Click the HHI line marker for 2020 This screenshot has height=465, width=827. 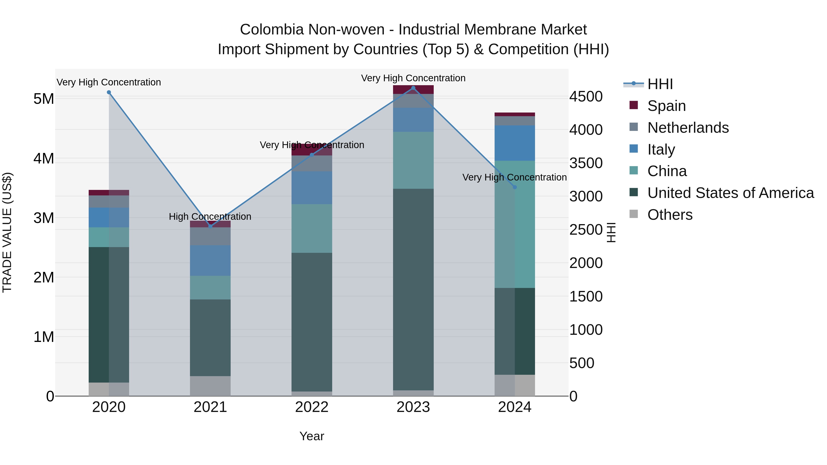point(109,92)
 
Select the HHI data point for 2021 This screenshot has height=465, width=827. point(210,226)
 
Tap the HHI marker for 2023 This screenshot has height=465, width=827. point(413,88)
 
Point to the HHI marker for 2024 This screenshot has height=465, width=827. point(515,187)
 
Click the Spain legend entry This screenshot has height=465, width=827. point(666,106)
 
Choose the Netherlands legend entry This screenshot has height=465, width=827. point(688,128)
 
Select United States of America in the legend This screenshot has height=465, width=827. point(730,193)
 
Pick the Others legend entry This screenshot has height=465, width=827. point(670,215)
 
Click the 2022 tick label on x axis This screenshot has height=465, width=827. point(312,407)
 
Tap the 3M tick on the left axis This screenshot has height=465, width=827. point(44,218)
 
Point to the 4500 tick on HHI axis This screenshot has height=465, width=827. point(586,97)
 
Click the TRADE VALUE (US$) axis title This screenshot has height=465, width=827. point(7,232)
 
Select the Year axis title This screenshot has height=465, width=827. point(312,436)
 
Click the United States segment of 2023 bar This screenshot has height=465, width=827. point(413,289)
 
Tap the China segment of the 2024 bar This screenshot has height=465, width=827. point(515,225)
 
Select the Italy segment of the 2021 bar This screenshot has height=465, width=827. point(210,261)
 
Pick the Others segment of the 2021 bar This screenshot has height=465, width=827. point(210,386)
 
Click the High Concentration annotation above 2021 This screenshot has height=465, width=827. point(210,217)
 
